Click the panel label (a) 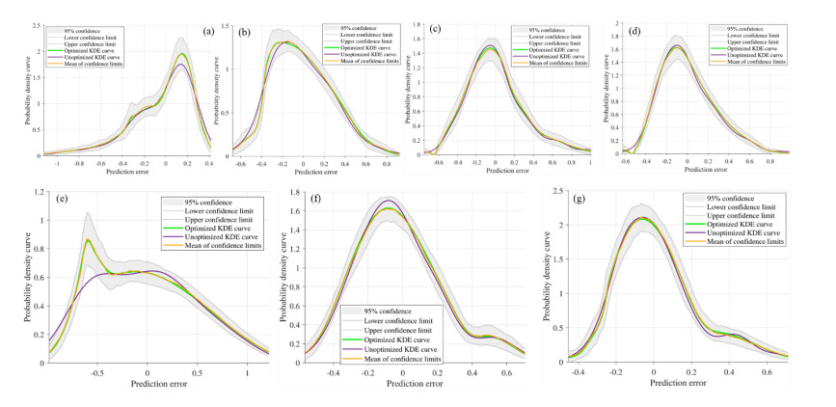(x=207, y=31)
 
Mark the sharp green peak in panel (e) (x=89, y=239)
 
